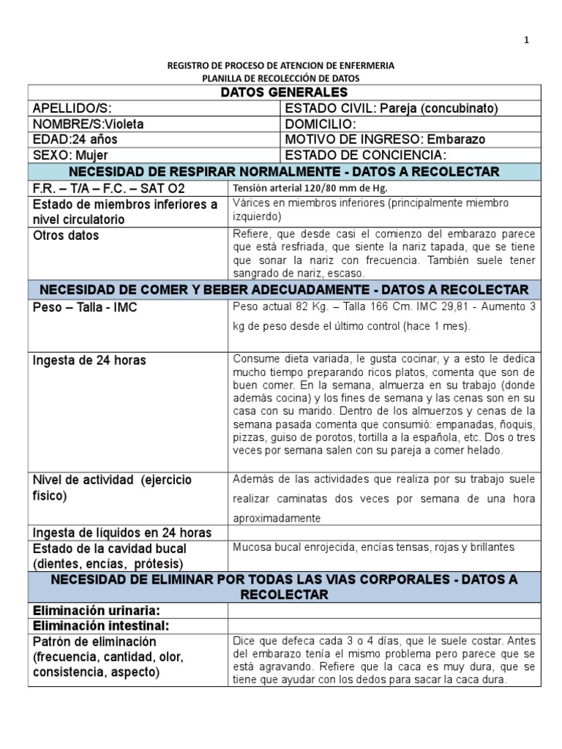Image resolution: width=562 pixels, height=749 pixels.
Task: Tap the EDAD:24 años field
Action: click(x=75, y=139)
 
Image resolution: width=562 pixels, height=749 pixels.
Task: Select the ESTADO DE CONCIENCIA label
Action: click(x=364, y=155)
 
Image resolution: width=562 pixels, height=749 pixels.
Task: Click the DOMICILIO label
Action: click(x=320, y=124)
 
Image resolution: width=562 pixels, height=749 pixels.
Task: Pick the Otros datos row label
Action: click(x=66, y=236)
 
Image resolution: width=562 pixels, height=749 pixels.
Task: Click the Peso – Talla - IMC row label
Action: click(x=85, y=308)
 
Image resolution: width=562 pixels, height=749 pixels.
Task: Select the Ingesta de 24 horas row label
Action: click(x=89, y=360)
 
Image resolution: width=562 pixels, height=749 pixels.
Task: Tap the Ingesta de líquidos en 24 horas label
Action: click(x=122, y=532)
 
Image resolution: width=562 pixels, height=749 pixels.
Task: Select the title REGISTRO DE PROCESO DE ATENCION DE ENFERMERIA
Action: click(x=281, y=65)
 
